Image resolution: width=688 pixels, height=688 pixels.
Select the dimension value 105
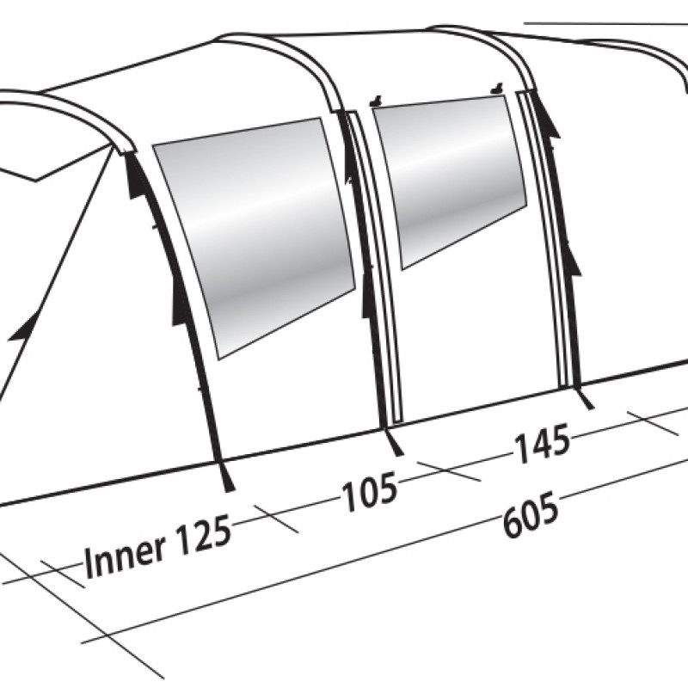coord(370,491)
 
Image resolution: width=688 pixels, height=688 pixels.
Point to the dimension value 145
coord(543,443)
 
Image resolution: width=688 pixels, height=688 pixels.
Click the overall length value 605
coord(531,514)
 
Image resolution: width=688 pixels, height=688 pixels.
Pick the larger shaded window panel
coord(254,237)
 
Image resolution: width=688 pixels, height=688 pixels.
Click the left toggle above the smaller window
coord(375,102)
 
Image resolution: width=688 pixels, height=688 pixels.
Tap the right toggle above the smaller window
coord(497,89)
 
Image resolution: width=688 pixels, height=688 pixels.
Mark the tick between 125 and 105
coord(276,519)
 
